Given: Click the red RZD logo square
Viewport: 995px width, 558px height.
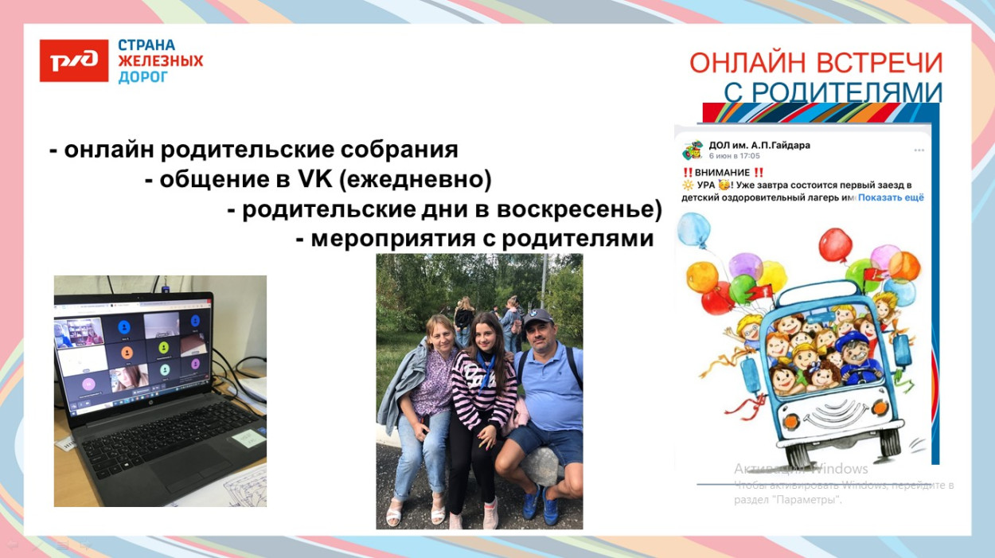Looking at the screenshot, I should point(74,60).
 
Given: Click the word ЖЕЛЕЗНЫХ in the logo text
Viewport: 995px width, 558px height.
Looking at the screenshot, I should point(160,61).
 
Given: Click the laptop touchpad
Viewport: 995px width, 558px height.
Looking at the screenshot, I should point(176,462).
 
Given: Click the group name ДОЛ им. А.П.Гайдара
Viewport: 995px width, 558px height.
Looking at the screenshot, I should point(759,146).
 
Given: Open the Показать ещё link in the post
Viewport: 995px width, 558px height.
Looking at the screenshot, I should point(891,197).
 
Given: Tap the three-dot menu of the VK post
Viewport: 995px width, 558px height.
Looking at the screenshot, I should point(919,150).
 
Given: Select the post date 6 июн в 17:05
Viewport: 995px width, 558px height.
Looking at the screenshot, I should point(734,156).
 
